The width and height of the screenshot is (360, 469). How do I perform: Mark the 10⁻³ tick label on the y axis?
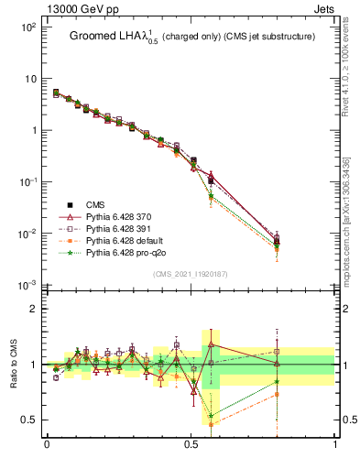pyautogui.click(x=27, y=286)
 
